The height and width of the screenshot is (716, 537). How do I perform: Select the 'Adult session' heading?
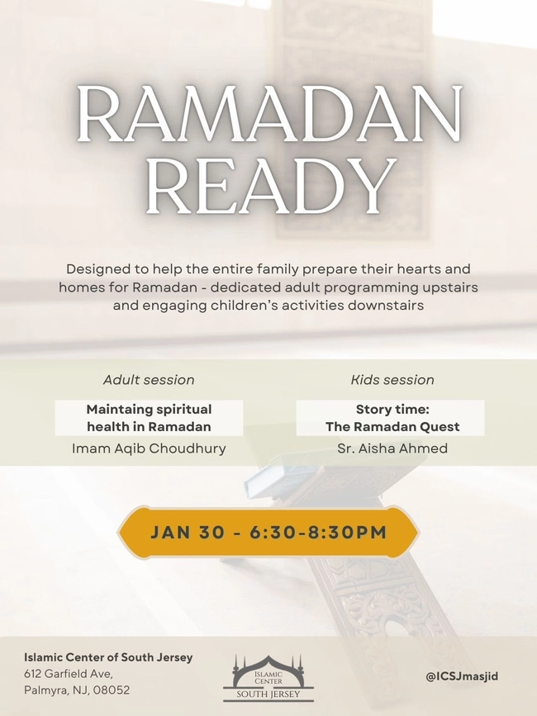point(149,380)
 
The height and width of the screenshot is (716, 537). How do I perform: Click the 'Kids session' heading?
point(392,380)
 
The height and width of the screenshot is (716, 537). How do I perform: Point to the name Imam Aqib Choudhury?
point(149,448)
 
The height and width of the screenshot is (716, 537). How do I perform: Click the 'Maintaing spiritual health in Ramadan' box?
point(149,418)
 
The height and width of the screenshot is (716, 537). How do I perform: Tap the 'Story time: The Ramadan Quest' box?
point(392,418)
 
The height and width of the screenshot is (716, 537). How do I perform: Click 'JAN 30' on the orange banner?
point(187,533)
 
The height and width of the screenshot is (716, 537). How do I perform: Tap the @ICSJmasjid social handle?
point(462,676)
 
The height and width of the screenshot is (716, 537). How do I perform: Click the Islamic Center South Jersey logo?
point(268,677)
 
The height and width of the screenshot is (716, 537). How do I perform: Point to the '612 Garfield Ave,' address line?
point(69,674)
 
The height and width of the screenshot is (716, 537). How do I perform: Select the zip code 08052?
point(112,690)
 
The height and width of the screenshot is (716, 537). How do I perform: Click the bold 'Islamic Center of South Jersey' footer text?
point(108,657)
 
